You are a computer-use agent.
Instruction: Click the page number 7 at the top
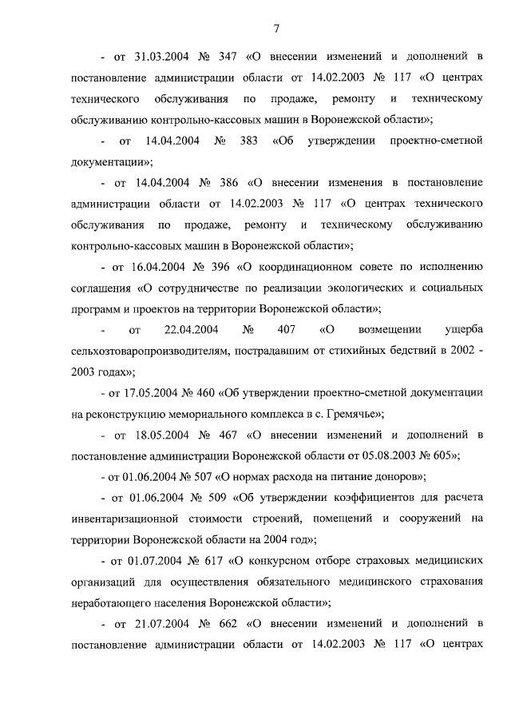pyautogui.click(x=276, y=29)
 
